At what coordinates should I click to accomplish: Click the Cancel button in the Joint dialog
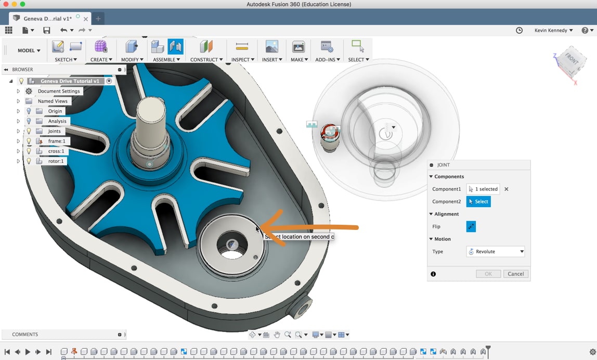click(x=515, y=274)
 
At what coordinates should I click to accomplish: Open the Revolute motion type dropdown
click(x=496, y=251)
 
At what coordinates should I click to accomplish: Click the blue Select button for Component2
click(x=478, y=201)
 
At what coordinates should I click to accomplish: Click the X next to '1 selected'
click(x=507, y=189)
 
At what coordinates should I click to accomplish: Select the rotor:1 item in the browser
click(x=56, y=161)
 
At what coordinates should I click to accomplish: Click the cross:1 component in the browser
click(x=56, y=151)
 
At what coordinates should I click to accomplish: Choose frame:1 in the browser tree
click(x=57, y=141)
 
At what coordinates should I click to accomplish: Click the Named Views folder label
click(x=53, y=101)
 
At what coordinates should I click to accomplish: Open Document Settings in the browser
click(x=58, y=91)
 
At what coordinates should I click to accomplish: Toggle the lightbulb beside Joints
click(x=29, y=131)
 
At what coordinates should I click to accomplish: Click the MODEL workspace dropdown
click(x=29, y=50)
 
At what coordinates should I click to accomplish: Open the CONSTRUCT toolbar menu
click(x=206, y=59)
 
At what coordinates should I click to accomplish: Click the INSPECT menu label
click(x=242, y=59)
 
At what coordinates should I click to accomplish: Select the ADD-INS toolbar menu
click(x=327, y=59)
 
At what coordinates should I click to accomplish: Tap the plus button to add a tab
click(x=98, y=19)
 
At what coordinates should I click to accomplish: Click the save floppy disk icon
click(x=47, y=31)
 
